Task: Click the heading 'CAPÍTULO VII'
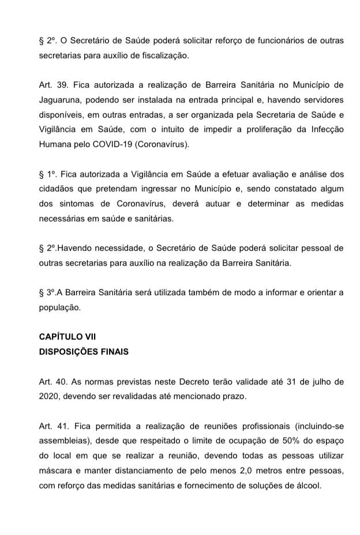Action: coord(63,337)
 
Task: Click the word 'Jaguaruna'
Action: coord(62,100)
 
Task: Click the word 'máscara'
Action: coord(55,471)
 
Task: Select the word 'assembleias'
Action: coord(63,441)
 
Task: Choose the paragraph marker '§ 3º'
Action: coord(48,292)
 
